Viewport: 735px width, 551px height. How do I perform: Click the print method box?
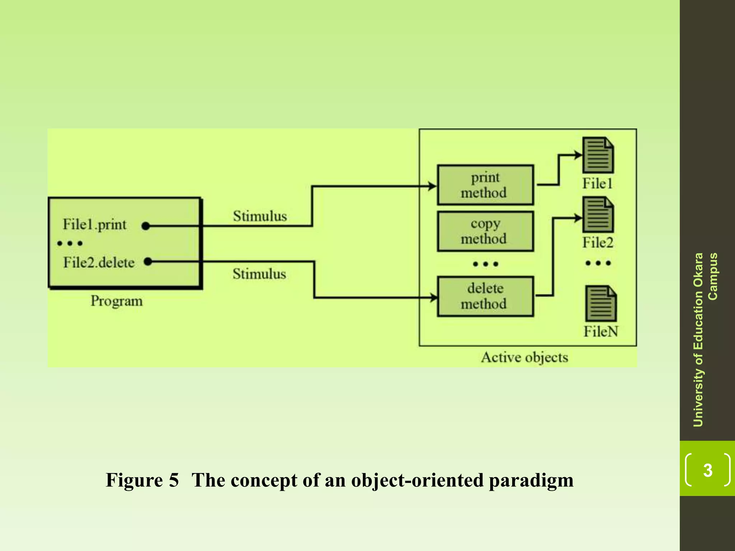pos(485,185)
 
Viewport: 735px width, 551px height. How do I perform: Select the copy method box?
pos(485,231)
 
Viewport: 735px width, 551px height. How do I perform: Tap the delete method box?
pos(485,296)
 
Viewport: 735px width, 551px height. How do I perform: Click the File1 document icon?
pos(598,155)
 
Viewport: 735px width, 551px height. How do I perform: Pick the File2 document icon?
pos(598,215)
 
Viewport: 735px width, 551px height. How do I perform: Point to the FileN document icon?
pos(600,303)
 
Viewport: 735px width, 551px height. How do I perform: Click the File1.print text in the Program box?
pos(95,225)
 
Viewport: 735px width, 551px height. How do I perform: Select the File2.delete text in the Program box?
pos(99,263)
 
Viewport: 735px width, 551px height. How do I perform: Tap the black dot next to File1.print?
pos(145,226)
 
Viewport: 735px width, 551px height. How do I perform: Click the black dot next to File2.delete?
pos(148,262)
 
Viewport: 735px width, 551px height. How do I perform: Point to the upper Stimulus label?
pos(260,216)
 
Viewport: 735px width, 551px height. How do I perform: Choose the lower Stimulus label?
pos(259,274)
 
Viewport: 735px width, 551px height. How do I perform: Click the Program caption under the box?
pos(116,301)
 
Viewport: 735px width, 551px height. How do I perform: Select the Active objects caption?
pos(524,357)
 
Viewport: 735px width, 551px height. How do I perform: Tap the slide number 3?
pos(707,470)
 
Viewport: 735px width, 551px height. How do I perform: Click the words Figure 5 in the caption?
pos(142,480)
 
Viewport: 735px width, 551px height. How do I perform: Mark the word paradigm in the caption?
pos(531,481)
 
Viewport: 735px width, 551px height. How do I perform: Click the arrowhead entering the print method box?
pos(432,186)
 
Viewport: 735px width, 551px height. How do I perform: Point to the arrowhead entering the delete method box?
pos(434,297)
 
